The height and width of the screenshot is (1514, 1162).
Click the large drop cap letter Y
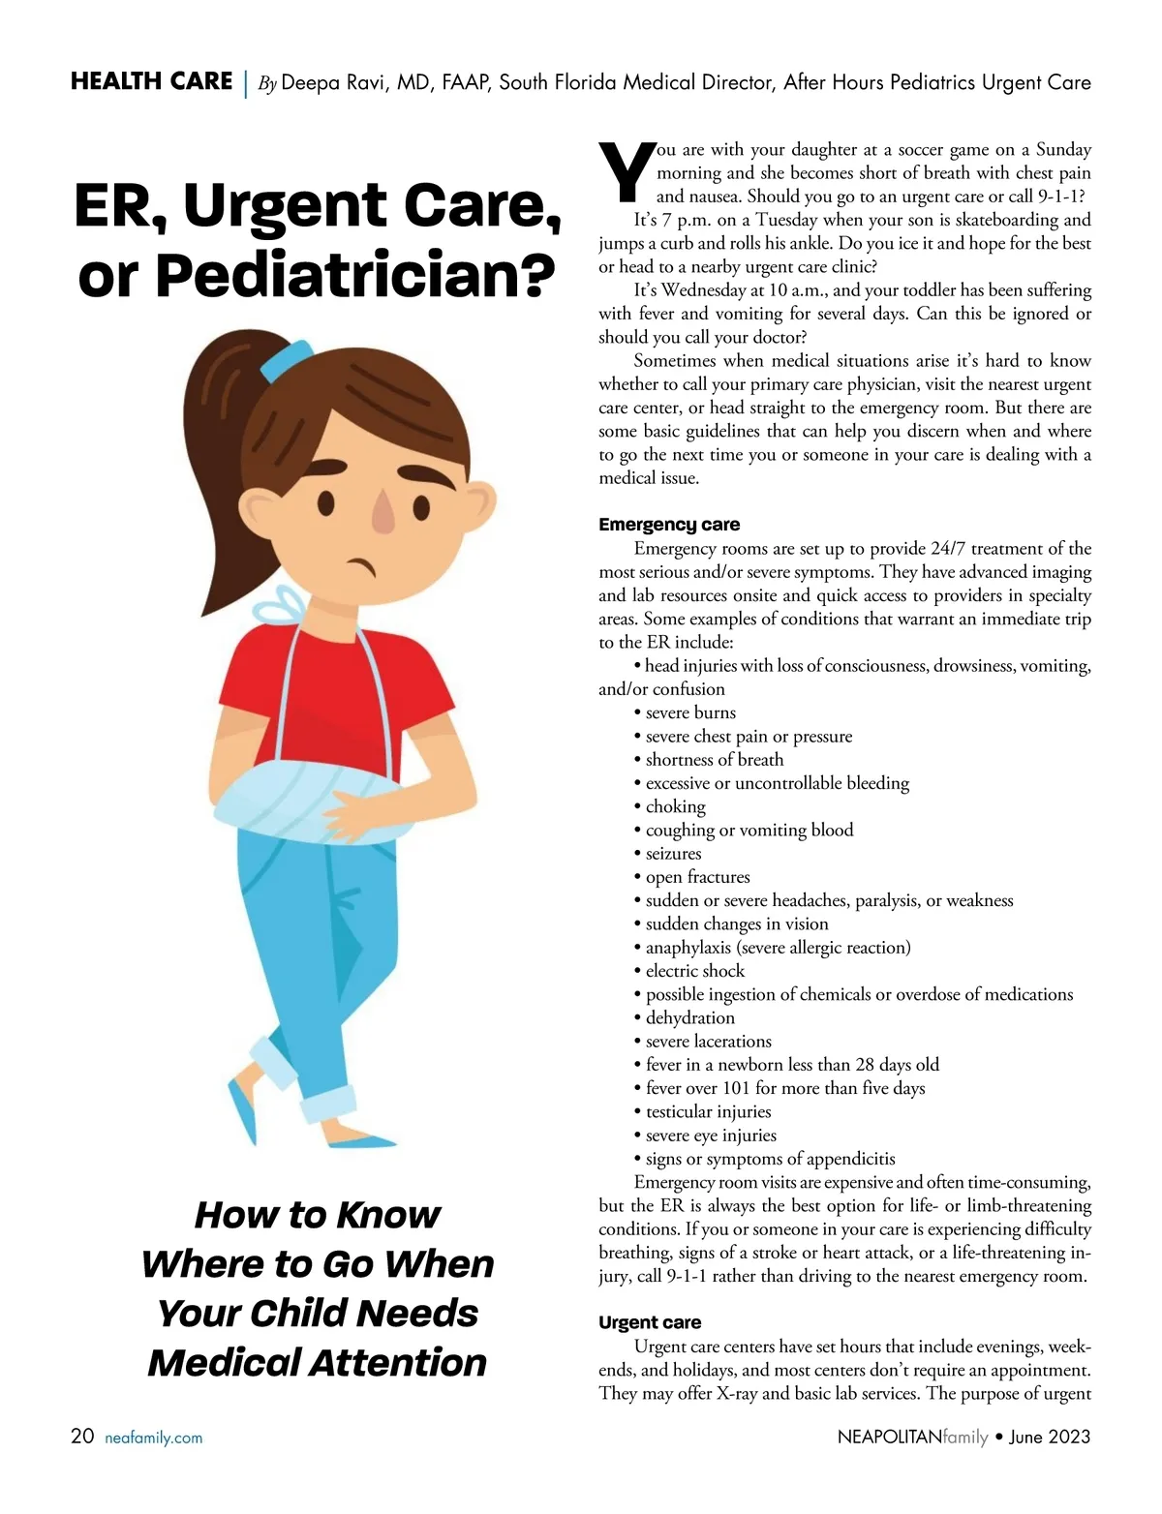pyautogui.click(x=627, y=172)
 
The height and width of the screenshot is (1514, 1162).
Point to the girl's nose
pyautogui.click(x=383, y=513)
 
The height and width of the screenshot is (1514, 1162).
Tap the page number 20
pyautogui.click(x=82, y=1436)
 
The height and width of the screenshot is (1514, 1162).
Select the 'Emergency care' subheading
pyautogui.click(x=669, y=525)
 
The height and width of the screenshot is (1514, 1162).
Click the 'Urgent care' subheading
pyautogui.click(x=650, y=1322)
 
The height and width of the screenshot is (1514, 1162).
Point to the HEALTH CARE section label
pyautogui.click(x=152, y=81)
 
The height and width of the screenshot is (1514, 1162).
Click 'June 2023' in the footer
pyautogui.click(x=1050, y=1437)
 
